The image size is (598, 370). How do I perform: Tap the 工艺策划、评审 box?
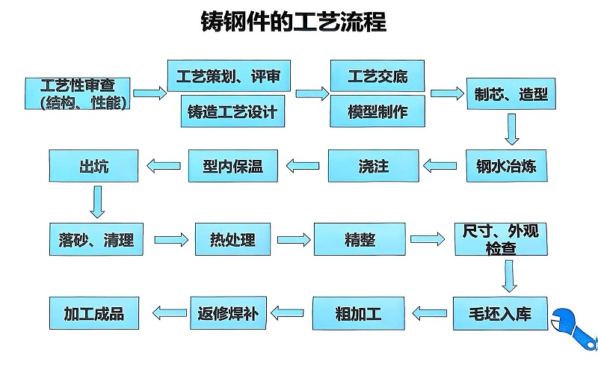[228, 75]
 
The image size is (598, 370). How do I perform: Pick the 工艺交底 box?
[377, 75]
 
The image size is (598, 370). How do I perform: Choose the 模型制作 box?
[377, 112]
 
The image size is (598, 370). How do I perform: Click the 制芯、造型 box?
[511, 95]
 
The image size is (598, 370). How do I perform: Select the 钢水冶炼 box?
[511, 166]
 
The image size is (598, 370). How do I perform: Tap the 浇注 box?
[373, 166]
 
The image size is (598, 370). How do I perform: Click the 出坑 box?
[93, 166]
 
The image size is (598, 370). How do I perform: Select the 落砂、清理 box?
[95, 240]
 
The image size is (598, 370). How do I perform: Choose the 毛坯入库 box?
[502, 313]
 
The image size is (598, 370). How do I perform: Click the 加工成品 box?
[94, 313]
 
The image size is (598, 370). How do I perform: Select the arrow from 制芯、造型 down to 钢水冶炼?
[511, 129]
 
